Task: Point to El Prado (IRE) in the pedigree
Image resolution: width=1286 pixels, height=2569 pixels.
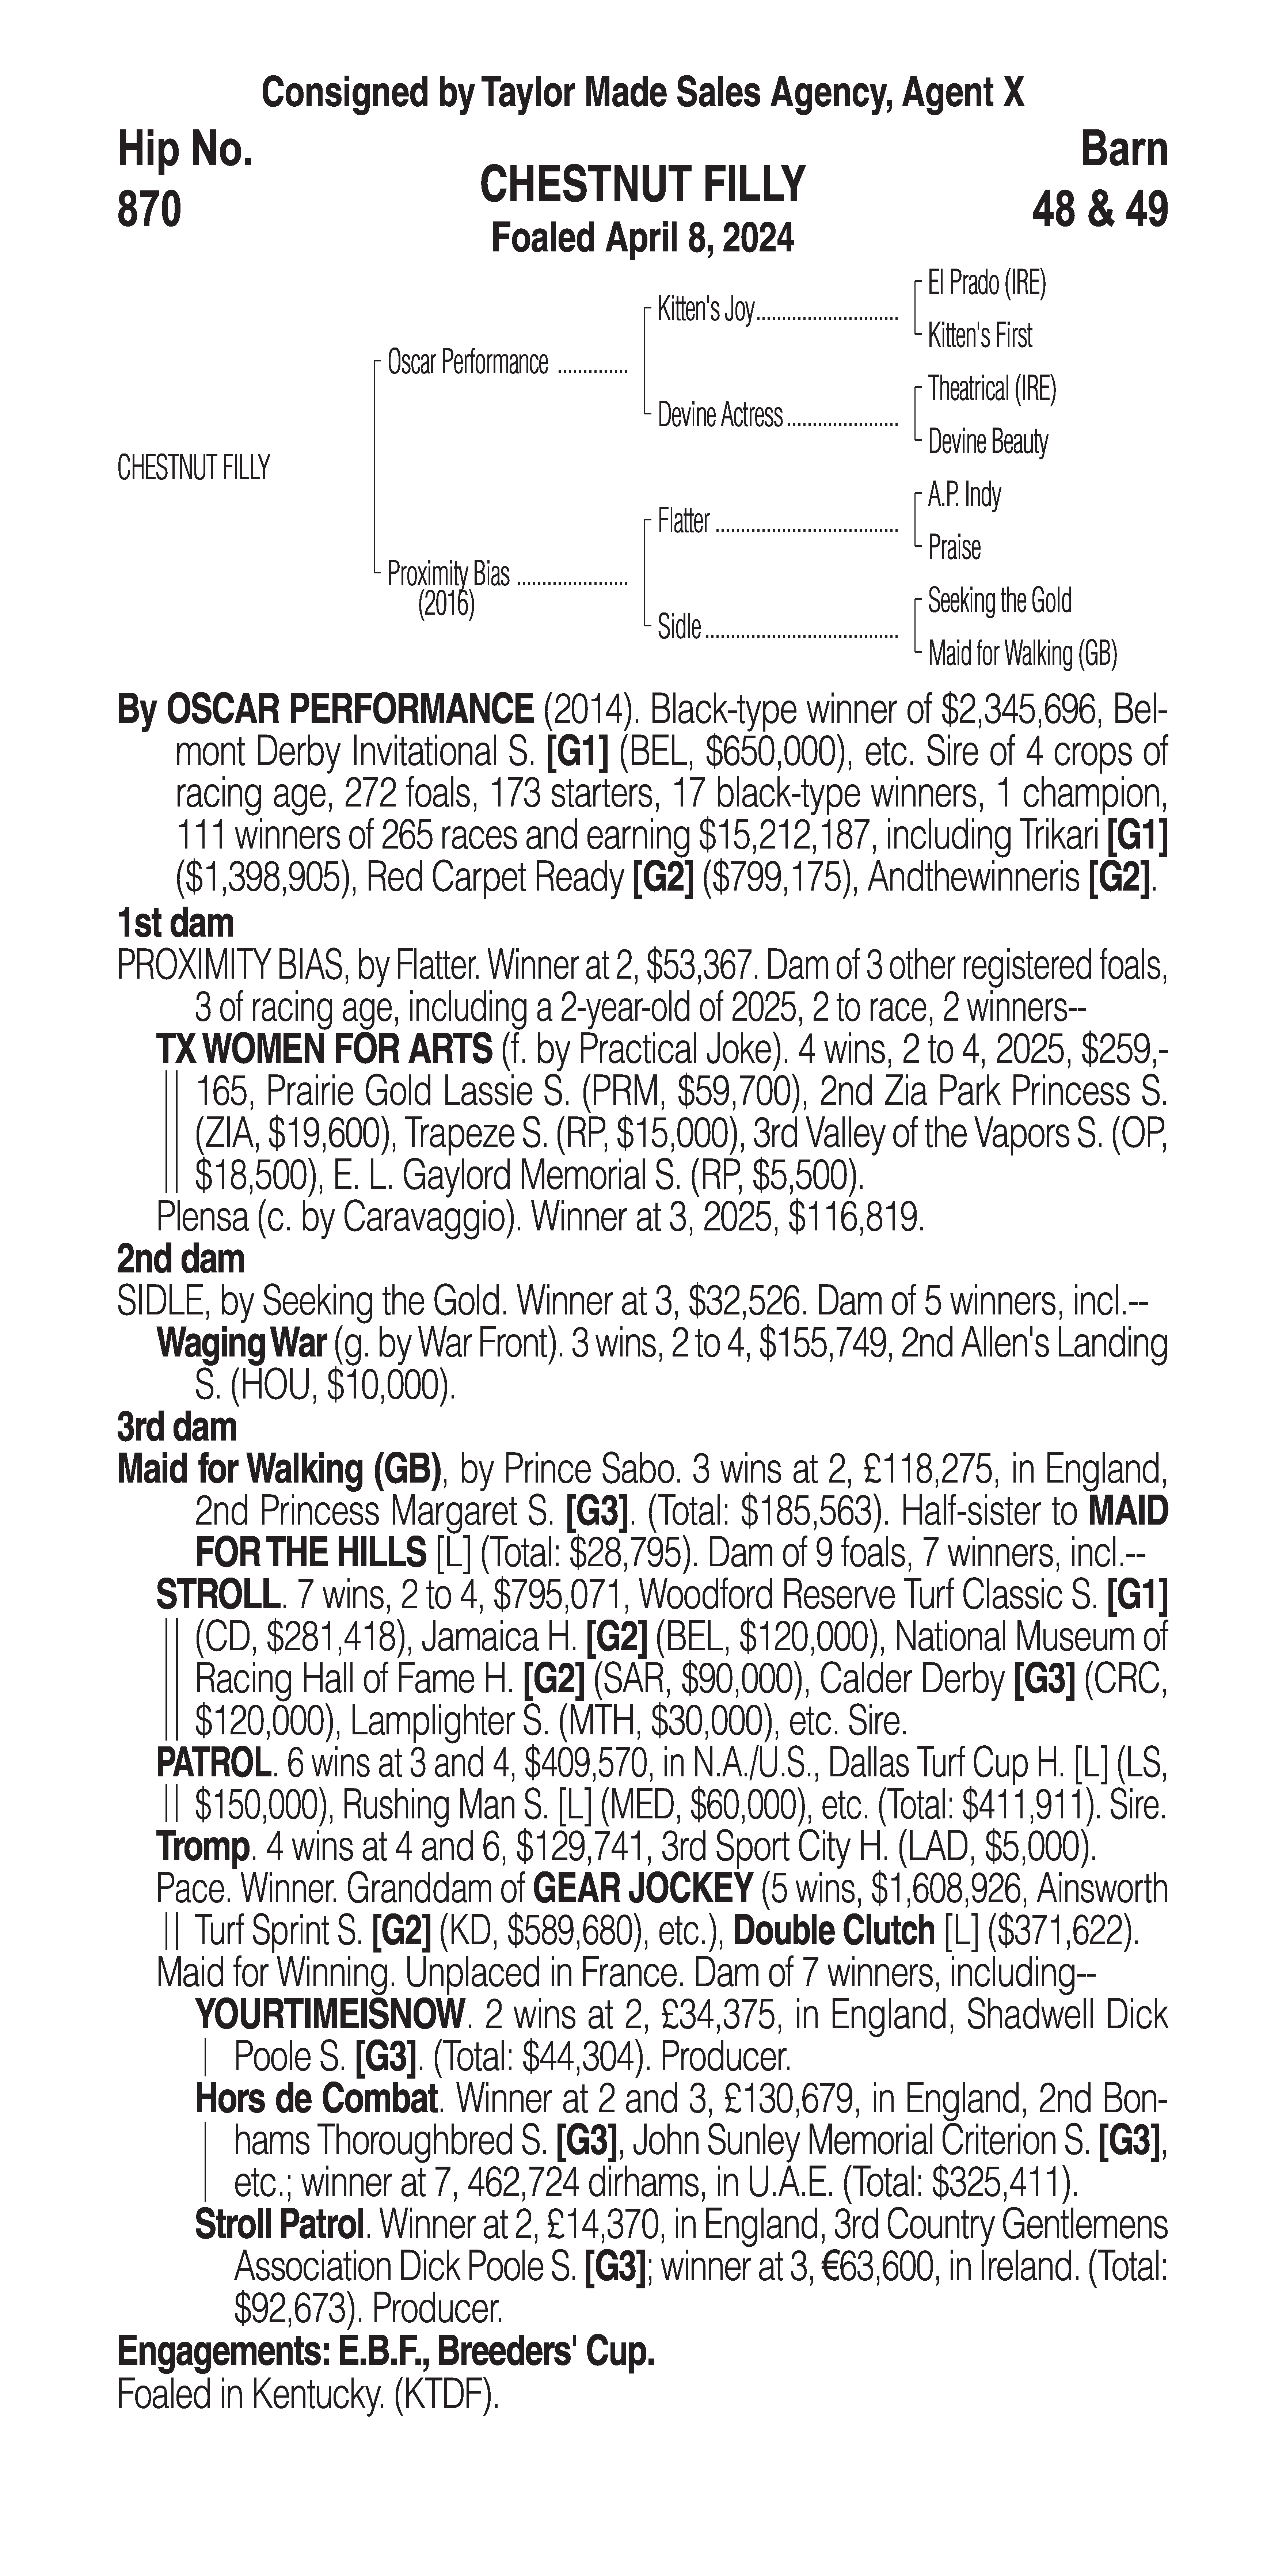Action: coord(986,283)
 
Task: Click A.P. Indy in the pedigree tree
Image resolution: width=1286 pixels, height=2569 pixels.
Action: coord(964,495)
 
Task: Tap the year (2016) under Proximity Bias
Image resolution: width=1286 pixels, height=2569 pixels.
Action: coord(446,604)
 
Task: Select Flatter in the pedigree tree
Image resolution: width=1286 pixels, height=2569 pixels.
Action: coord(684,521)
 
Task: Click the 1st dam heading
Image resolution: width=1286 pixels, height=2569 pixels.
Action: coord(175,923)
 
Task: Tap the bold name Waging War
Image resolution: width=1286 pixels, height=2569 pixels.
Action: coord(241,1343)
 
